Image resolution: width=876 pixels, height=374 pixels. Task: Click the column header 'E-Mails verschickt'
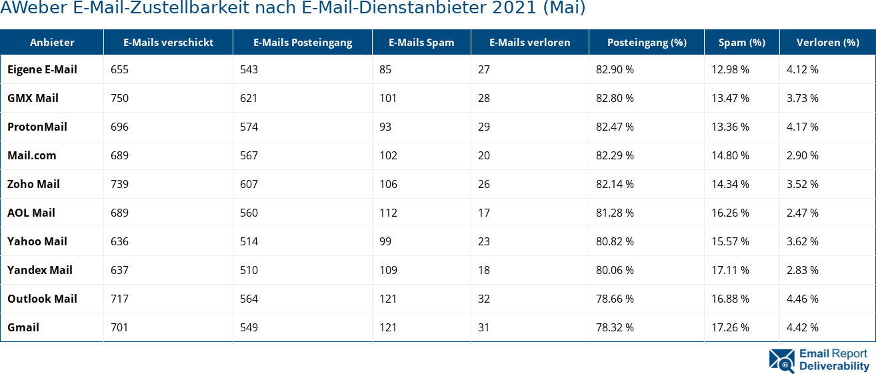click(x=168, y=43)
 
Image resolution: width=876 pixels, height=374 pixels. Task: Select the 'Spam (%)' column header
click(x=741, y=43)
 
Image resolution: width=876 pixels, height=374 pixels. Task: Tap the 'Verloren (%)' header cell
click(x=827, y=43)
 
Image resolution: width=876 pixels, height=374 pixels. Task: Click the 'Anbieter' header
click(x=52, y=43)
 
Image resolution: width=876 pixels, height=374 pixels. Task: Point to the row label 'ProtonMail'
click(x=37, y=127)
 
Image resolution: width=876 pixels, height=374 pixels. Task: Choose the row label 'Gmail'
click(x=23, y=327)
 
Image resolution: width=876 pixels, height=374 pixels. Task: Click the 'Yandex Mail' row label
click(x=40, y=270)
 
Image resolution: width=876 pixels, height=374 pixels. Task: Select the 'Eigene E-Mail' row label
click(x=42, y=69)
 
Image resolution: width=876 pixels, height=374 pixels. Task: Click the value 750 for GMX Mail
click(x=120, y=98)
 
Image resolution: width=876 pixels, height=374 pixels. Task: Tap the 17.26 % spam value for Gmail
click(x=730, y=327)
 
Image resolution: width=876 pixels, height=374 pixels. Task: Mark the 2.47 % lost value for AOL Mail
click(x=803, y=213)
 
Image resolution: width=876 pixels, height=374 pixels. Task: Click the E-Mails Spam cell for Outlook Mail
click(x=387, y=299)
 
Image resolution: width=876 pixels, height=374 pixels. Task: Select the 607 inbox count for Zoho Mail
click(x=249, y=184)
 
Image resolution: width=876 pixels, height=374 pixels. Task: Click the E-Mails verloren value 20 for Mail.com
click(x=483, y=155)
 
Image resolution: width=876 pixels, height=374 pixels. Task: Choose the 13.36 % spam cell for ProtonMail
click(x=730, y=127)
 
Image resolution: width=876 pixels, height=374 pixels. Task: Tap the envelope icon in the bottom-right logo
click(x=781, y=360)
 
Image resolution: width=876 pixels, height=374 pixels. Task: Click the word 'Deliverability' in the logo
click(x=834, y=366)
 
